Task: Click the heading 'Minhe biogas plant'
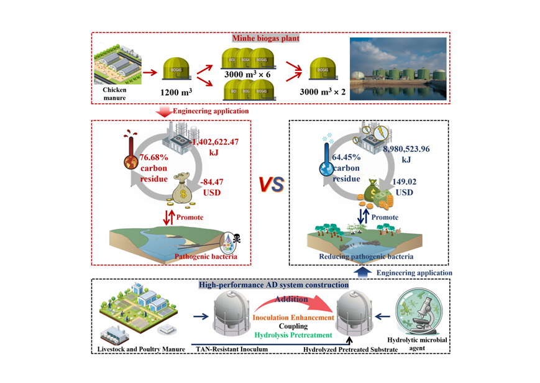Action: (x=266, y=39)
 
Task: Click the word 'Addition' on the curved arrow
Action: (x=292, y=298)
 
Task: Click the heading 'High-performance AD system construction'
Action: (x=273, y=285)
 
